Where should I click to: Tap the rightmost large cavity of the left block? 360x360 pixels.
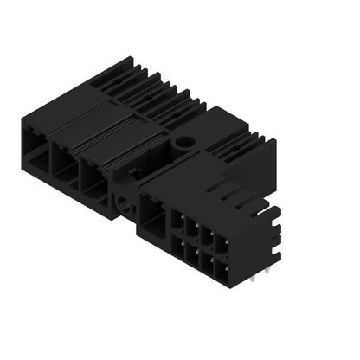(92, 174)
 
